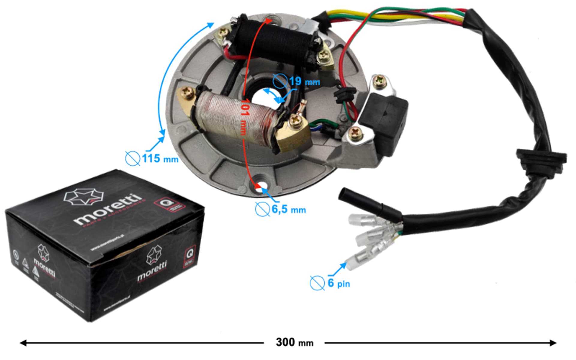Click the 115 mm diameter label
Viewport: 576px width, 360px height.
tap(160, 158)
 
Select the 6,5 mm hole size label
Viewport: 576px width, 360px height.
tap(289, 209)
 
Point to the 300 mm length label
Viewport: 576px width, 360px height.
tap(294, 342)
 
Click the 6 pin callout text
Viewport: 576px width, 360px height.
tap(339, 283)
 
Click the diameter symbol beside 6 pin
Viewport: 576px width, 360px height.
tap(317, 283)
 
